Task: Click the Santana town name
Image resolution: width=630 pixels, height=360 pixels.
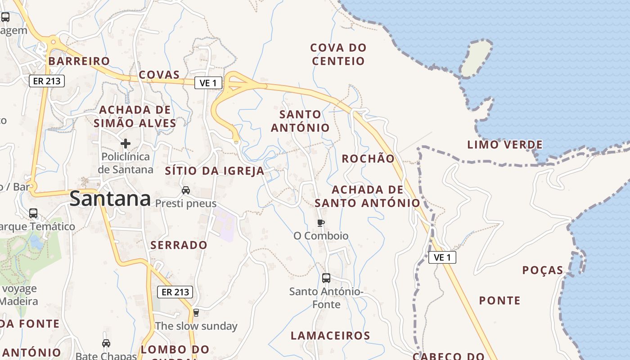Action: (110, 198)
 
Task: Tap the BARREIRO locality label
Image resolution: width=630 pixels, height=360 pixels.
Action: (79, 61)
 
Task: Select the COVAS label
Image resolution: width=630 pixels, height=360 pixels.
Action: (159, 75)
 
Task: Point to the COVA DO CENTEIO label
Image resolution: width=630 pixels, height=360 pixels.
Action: (338, 54)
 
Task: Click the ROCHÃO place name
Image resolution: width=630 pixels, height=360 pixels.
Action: (368, 158)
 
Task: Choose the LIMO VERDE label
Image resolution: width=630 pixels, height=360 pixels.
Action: (505, 144)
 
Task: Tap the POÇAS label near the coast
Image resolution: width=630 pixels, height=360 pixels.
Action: (543, 270)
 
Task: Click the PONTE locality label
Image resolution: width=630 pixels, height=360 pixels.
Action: (499, 301)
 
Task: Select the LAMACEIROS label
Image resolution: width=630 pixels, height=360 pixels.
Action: (330, 335)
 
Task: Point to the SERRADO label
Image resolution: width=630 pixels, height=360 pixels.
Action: (179, 245)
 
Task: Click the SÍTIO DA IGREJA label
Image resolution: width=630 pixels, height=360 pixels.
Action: (215, 171)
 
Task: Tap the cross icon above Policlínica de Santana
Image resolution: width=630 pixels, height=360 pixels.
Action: (126, 144)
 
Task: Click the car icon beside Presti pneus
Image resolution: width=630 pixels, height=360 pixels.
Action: (186, 190)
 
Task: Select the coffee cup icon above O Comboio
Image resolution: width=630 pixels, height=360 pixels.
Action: (321, 223)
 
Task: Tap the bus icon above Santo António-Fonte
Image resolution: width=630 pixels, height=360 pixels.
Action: (326, 278)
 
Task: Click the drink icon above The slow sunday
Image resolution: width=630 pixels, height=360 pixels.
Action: (196, 312)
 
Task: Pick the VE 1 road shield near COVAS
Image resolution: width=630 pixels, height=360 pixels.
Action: (208, 83)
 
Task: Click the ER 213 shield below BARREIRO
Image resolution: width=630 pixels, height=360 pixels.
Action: (47, 81)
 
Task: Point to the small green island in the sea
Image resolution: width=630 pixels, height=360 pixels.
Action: (476, 58)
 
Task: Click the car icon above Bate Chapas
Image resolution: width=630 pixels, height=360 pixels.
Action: (106, 343)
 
